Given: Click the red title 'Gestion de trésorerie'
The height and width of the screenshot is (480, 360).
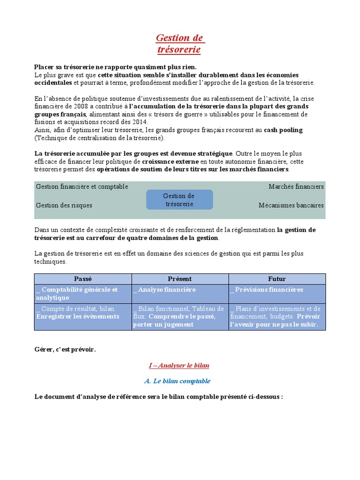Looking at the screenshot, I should click(180, 43).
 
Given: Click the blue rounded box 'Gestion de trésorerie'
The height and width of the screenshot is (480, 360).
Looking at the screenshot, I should click(179, 200).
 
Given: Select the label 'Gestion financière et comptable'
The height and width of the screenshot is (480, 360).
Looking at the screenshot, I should click(82, 187).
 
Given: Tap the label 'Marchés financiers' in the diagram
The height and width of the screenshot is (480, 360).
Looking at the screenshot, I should click(296, 187).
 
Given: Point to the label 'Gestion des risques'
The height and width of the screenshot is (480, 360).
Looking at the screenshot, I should click(64, 205).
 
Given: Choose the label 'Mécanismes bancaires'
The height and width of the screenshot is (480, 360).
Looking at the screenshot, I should click(291, 205).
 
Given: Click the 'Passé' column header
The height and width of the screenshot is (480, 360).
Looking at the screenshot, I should click(83, 279).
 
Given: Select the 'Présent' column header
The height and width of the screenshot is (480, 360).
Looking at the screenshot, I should click(180, 279).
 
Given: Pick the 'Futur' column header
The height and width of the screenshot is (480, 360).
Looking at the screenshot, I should click(277, 279).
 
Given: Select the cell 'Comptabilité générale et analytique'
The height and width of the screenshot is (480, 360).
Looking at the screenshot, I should click(77, 293).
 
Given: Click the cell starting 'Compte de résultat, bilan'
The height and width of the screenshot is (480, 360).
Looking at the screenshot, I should click(78, 313).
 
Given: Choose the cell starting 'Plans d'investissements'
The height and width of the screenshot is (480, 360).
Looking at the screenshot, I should click(276, 316).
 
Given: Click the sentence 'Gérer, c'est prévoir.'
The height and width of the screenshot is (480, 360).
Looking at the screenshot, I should click(65, 349).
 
